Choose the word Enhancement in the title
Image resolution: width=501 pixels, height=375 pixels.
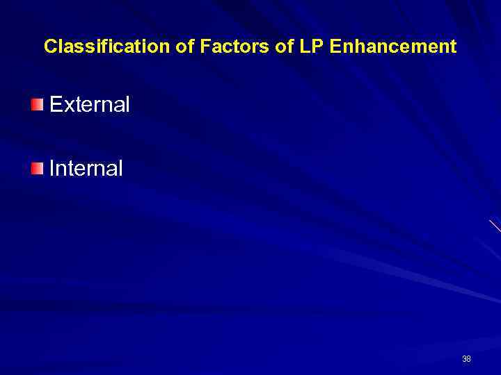[392, 47]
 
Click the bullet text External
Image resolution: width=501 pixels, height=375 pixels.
[90, 105]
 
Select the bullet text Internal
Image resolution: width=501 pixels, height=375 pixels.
[86, 168]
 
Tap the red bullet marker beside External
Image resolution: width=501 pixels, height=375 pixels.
[37, 105]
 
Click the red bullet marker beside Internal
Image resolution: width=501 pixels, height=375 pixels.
[37, 168]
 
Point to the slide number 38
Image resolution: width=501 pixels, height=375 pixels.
[466, 359]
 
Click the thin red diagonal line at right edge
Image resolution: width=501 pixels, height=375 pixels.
[495, 226]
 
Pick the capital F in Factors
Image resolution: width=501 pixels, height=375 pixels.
[205, 47]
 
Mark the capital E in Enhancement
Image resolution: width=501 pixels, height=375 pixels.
[335, 47]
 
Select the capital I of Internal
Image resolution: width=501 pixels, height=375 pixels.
[52, 168]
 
